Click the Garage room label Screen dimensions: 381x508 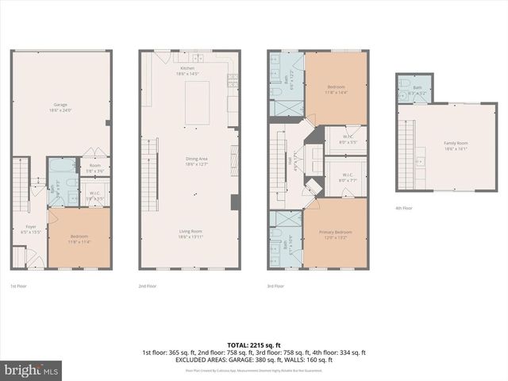[x=60, y=107]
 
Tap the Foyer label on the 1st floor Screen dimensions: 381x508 [x=30, y=229]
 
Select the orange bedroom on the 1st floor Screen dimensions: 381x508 [x=79, y=238]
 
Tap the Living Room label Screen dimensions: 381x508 [x=190, y=234]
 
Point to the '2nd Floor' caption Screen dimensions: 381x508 [x=148, y=285]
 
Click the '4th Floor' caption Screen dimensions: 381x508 [x=405, y=208]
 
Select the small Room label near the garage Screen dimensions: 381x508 [x=95, y=167]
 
